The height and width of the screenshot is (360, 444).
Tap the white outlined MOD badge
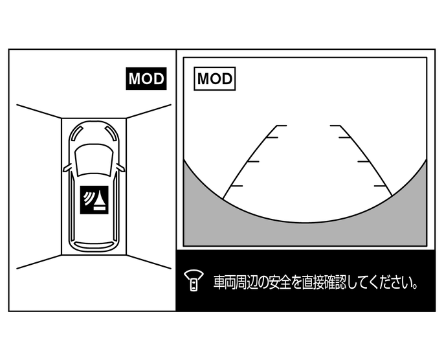215,79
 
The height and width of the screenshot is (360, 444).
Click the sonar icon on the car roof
94,201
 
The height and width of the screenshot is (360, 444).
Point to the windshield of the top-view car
94,157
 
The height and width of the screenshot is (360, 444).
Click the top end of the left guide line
277,126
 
